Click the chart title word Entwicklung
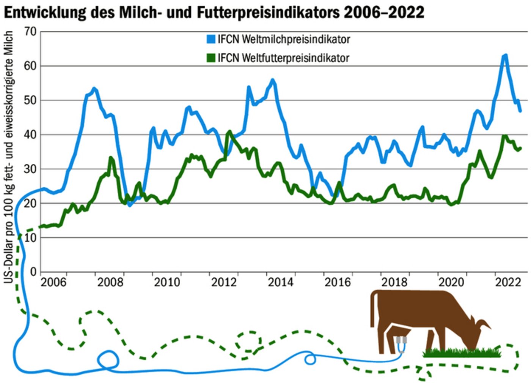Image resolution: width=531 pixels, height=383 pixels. (x=45, y=13)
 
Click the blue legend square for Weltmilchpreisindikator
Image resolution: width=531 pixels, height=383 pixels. (x=211, y=39)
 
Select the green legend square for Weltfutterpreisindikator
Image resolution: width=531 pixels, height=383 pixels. (x=211, y=58)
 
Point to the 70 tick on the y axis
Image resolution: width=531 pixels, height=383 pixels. (x=30, y=32)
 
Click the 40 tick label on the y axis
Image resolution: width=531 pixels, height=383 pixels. (x=30, y=135)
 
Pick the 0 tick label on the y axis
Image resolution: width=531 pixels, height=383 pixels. (x=33, y=272)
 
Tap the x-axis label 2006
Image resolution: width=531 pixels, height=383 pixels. (x=53, y=282)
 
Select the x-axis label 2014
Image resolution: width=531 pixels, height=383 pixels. (x=281, y=282)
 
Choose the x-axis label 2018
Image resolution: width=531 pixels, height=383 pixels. (x=394, y=282)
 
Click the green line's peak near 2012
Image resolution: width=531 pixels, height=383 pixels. (x=229, y=132)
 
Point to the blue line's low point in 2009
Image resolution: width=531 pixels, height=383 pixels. (x=130, y=205)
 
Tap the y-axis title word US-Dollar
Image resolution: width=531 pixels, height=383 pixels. (x=9, y=262)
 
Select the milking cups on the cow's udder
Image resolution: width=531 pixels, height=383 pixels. (x=402, y=340)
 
